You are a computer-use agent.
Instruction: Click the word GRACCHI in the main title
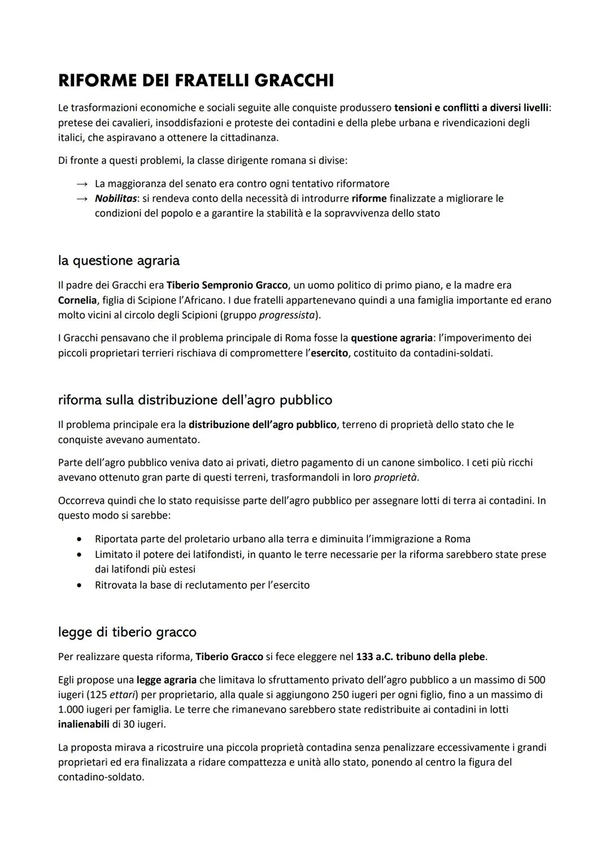click(x=294, y=81)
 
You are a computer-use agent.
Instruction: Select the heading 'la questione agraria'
click(x=119, y=261)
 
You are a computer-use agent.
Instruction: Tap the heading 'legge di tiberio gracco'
click(x=127, y=631)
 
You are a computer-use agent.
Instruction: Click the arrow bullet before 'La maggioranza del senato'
click(x=82, y=184)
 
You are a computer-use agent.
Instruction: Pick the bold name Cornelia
click(x=77, y=300)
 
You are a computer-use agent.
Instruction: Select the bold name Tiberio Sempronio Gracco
click(x=227, y=285)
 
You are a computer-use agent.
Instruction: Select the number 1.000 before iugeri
click(x=71, y=709)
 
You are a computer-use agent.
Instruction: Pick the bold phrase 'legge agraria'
click(x=167, y=680)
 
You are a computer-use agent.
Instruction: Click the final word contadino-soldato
click(x=101, y=777)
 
